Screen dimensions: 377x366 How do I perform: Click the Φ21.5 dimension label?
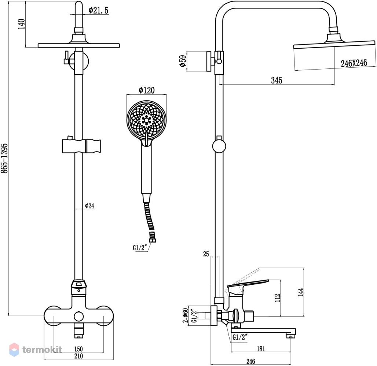coord(99,10)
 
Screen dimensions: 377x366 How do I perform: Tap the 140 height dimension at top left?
coord(22,24)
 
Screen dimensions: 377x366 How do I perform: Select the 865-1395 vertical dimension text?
coord(4,158)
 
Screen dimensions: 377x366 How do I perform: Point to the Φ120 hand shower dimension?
coord(147,90)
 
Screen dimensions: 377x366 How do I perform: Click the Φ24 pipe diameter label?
coord(90,206)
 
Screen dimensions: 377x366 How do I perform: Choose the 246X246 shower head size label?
coord(354,63)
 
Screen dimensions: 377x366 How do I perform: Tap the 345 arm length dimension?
coord(277,80)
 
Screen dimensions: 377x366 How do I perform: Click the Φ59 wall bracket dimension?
coord(183,61)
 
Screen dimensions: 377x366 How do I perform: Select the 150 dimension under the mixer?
coord(78,349)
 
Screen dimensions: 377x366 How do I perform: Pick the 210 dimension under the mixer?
coord(78,356)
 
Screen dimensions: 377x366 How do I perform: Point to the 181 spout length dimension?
coord(261,349)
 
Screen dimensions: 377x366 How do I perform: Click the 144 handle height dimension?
coord(301,292)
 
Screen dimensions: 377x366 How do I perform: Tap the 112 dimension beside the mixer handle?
coord(278,298)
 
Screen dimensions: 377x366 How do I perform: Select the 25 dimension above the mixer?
coord(206,254)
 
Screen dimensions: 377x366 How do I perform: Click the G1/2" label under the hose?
coord(140,247)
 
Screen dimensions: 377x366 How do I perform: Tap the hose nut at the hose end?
coord(152,240)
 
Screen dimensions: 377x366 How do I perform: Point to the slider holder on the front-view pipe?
coord(81,146)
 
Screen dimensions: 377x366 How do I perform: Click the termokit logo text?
coord(42,350)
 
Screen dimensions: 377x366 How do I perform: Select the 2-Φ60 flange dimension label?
coord(185,315)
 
